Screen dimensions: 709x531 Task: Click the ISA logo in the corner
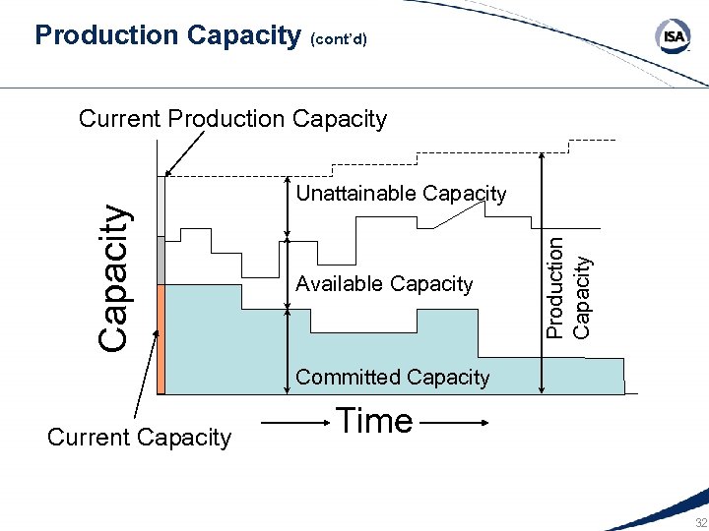(674, 37)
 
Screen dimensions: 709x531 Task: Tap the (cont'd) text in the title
(339, 40)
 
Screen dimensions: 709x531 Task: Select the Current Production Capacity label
(232, 119)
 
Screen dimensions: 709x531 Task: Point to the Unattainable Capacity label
(401, 194)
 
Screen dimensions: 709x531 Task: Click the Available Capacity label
(384, 284)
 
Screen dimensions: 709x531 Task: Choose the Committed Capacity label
(392, 377)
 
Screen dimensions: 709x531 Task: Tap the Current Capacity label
(139, 438)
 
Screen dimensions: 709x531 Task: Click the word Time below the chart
(374, 421)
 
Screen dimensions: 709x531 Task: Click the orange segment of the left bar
(161, 338)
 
